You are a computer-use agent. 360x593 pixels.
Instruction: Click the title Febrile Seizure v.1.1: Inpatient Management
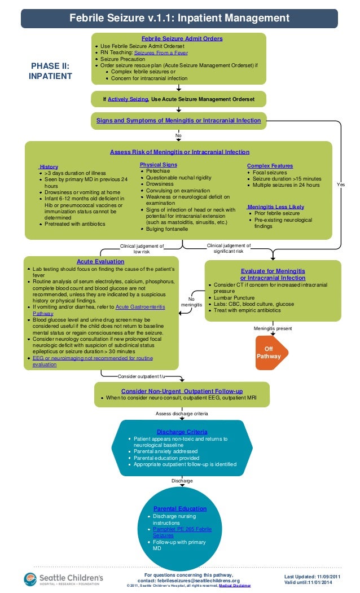179,19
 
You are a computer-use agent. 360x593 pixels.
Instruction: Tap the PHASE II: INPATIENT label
50,71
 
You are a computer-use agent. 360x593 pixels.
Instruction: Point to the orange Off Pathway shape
272,353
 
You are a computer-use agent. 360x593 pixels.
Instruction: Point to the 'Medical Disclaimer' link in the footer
235,586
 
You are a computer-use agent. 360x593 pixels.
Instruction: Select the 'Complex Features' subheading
270,166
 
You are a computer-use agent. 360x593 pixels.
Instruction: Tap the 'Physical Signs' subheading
158,165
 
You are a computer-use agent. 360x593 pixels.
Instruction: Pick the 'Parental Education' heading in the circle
180,508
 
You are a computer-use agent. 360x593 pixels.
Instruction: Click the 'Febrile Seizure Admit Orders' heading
182,38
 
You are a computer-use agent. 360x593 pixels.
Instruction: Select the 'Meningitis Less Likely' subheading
275,207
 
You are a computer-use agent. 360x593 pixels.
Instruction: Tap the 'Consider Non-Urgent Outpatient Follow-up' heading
182,391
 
